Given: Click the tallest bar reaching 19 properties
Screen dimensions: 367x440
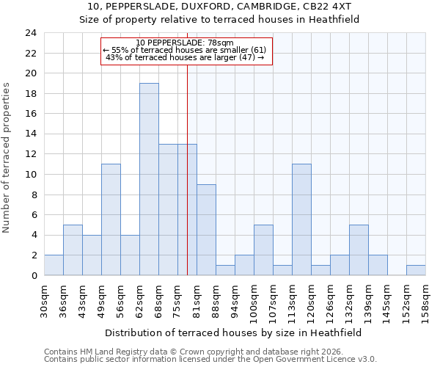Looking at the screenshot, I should (149, 179).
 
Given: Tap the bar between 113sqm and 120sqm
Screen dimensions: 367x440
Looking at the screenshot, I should (301, 219).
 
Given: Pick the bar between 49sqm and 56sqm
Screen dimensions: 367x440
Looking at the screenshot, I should (111, 219).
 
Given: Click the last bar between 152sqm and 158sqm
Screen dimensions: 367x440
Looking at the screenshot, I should (416, 270).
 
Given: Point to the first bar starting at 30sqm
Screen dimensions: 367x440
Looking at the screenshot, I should (54, 265).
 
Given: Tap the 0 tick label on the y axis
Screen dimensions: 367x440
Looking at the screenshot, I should (33, 276).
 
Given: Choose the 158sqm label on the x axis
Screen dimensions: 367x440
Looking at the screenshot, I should (425, 300).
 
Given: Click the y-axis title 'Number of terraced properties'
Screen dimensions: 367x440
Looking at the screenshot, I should (7, 158).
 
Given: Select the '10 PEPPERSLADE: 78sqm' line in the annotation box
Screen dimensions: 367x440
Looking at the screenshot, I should (185, 43).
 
